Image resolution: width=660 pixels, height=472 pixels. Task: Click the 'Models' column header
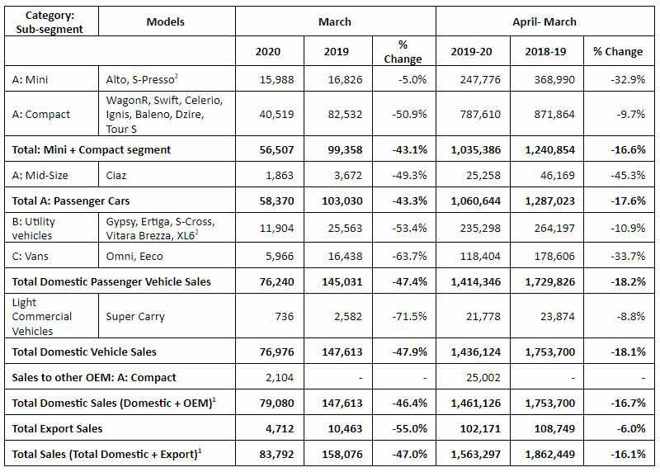[x=165, y=21]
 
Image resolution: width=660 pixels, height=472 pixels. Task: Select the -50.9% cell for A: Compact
[x=403, y=115]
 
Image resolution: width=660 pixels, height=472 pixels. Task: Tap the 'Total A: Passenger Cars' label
[x=71, y=200]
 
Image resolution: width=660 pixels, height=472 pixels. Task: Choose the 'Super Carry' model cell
[x=136, y=316]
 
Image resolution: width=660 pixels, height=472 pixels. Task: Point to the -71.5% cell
[x=403, y=316]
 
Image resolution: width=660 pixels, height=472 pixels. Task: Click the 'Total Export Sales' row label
[x=61, y=428]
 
